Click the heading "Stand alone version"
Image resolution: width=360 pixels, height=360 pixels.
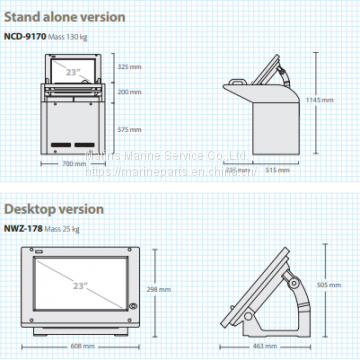coord(63,17)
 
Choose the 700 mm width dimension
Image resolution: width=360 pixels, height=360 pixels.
coord(74,164)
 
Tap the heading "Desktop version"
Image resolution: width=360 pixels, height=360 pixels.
coord(53,209)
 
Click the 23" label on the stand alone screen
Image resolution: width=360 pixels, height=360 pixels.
coord(73,71)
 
